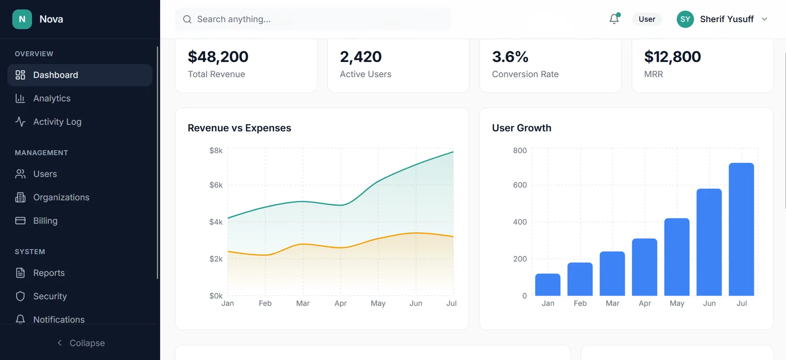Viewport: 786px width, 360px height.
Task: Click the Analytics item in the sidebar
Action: (x=52, y=98)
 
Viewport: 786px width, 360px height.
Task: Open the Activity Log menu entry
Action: (x=57, y=122)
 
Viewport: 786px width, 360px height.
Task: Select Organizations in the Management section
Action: (x=61, y=197)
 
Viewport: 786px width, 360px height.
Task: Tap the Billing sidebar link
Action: (x=45, y=221)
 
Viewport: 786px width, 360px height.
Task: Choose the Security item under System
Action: (x=50, y=296)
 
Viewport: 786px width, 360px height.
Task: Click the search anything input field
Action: (x=314, y=19)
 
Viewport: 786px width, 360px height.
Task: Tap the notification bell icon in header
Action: (x=614, y=19)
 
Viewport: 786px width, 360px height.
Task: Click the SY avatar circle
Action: (x=685, y=19)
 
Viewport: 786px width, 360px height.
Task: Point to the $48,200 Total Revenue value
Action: (x=218, y=57)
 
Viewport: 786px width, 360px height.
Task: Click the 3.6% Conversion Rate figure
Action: (x=510, y=57)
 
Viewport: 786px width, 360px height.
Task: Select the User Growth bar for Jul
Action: (x=741, y=229)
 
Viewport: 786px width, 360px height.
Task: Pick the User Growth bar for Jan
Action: (x=548, y=284)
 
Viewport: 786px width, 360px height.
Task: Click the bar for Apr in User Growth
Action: (x=645, y=267)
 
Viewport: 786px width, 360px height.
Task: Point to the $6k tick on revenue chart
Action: (x=216, y=185)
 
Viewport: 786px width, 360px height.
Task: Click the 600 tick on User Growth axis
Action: (x=520, y=185)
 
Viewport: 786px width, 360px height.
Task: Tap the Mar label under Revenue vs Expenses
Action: (x=303, y=304)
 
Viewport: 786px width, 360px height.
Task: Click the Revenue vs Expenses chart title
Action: (x=239, y=128)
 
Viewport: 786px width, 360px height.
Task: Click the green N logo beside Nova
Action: (x=22, y=19)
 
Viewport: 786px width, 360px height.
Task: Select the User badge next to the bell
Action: (x=646, y=19)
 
